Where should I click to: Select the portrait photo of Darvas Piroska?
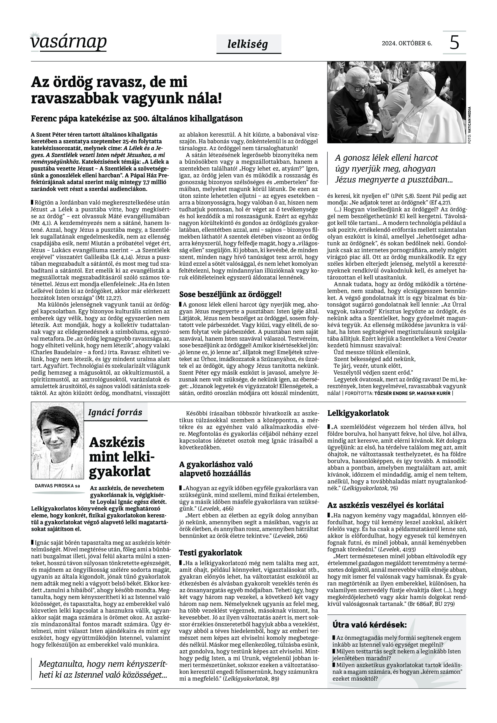pos(58,440)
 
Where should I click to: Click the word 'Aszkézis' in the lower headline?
pos(117,442)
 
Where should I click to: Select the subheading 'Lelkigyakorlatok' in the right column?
pos(358,413)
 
